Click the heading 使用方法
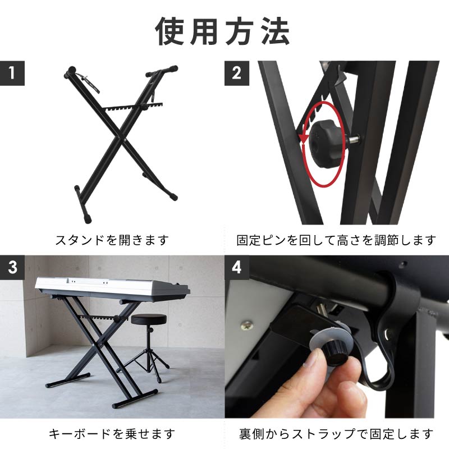tap(222, 31)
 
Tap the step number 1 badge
tap(12, 73)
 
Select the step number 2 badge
tap(236, 73)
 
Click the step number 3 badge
tap(12, 267)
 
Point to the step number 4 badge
tap(236, 267)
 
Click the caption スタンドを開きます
tap(112, 240)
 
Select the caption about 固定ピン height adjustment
tap(336, 240)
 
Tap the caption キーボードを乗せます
tap(112, 434)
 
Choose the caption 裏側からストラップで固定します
tap(336, 434)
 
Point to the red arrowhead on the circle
tap(303, 139)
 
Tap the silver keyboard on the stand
tap(112, 288)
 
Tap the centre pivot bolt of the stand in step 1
tap(126, 140)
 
